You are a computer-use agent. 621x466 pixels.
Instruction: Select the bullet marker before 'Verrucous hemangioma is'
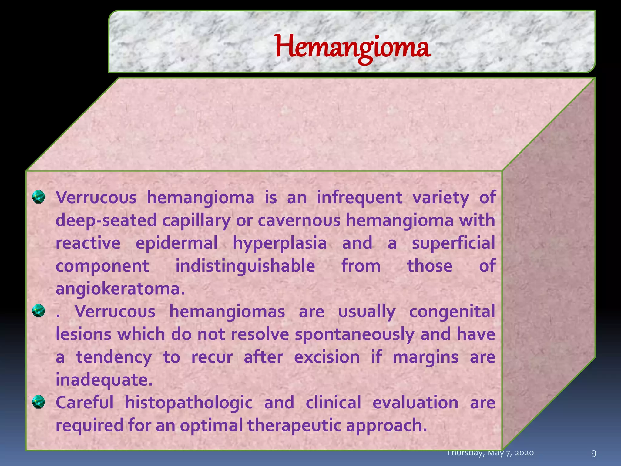click(39, 197)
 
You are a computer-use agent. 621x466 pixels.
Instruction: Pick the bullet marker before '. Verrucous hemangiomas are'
click(39, 311)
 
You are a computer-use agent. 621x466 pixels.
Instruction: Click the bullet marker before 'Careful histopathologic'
click(39, 402)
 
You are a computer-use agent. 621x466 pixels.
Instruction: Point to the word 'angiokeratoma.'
click(120, 289)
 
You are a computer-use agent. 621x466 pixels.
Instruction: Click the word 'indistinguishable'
click(245, 266)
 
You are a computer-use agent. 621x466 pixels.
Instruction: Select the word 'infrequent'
click(360, 198)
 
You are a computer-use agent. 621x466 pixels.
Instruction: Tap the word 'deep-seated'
click(106, 220)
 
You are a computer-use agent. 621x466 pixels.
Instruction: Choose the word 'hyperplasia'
click(280, 243)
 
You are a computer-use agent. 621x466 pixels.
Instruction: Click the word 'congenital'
click(452, 312)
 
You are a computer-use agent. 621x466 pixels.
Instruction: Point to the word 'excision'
click(327, 357)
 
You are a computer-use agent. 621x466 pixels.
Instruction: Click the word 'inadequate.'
click(104, 380)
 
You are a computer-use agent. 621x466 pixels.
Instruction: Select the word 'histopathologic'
click(189, 403)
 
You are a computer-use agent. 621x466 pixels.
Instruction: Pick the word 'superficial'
click(453, 243)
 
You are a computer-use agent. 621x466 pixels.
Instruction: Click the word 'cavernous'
click(299, 220)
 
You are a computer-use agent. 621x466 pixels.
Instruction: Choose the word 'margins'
click(425, 357)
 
